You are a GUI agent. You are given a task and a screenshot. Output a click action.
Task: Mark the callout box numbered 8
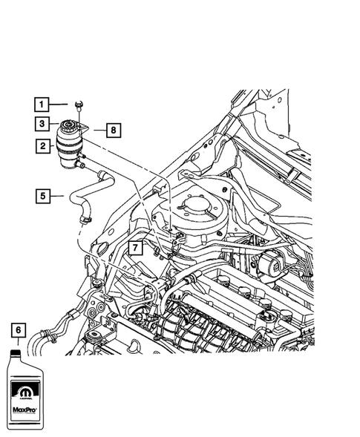[x=112, y=131]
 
